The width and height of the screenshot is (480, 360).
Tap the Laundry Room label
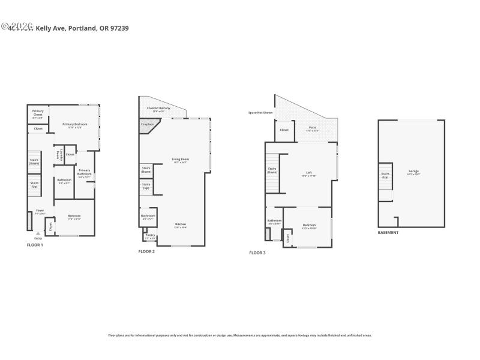[58, 154]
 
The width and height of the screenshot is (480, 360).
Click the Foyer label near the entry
[40, 211]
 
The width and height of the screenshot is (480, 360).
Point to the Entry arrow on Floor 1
[38, 233]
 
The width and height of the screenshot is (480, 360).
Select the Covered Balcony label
[161, 109]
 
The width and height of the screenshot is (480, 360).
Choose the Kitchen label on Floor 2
[181, 226]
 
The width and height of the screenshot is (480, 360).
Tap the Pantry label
[150, 236]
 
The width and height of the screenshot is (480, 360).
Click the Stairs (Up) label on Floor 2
[146, 186]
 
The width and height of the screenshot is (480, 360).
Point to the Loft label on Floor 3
[309, 174]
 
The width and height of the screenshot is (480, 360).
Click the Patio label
[312, 129]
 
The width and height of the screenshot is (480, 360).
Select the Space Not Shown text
[260, 112]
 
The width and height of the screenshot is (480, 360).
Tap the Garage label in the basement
[414, 172]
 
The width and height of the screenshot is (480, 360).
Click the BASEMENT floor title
[388, 232]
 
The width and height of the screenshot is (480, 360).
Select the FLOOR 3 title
[257, 253]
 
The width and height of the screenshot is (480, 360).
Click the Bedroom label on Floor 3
[309, 226]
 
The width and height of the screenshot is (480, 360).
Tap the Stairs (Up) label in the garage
[385, 176]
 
